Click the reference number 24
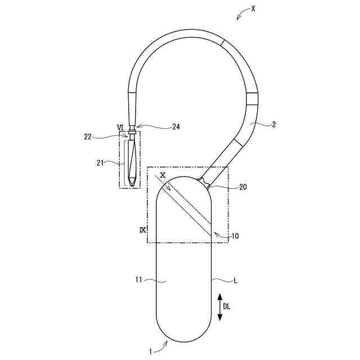point(176,127)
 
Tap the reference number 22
point(88,137)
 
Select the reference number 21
point(100,163)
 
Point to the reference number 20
point(243,187)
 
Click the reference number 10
point(235,236)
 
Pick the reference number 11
point(139,280)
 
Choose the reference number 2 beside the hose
point(273,124)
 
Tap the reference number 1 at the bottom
point(151,352)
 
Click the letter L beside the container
point(236,280)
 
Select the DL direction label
point(227,307)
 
